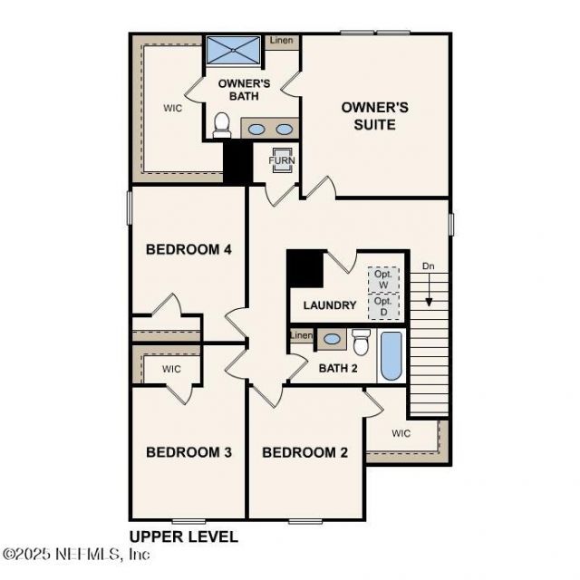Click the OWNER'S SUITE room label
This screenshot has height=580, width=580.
[x=374, y=115]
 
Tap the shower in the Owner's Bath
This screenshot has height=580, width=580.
[x=234, y=50]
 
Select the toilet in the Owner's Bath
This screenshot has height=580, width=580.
[x=221, y=125]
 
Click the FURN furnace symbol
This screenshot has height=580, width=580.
[x=282, y=160]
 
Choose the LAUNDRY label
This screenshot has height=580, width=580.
[x=330, y=305]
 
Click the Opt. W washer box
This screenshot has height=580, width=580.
[x=383, y=279]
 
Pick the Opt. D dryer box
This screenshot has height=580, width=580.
[x=383, y=306]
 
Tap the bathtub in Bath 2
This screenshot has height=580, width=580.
[x=391, y=356]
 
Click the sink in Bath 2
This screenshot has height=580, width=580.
[x=333, y=339]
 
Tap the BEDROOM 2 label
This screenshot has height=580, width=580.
[x=304, y=451]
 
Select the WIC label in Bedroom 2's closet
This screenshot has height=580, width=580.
[x=401, y=433]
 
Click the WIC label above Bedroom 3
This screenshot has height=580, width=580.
[x=172, y=369]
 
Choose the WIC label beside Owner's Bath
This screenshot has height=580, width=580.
[x=173, y=107]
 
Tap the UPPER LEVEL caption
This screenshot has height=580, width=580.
[x=184, y=536]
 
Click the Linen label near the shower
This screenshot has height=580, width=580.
[x=281, y=41]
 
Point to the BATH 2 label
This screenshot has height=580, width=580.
[x=338, y=368]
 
